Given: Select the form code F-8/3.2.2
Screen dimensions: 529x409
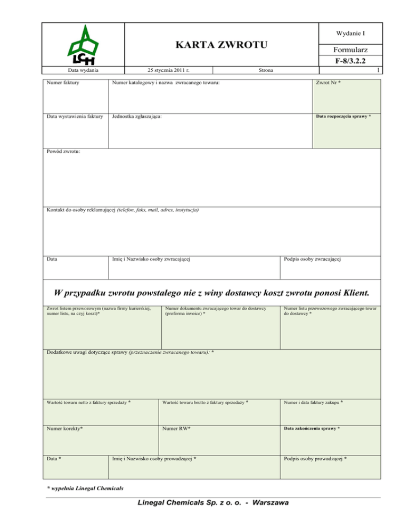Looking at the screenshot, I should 350,61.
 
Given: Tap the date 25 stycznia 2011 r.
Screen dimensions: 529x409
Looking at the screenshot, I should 168,70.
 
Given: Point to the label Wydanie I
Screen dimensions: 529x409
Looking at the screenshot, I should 350,34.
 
